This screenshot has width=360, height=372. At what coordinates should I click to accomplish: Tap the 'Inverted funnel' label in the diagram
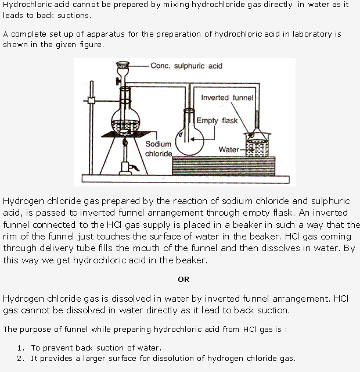pos(227,98)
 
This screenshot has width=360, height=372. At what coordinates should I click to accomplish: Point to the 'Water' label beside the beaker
pos(229,150)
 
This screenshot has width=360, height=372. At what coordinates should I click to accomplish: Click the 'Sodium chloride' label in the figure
pos(158,149)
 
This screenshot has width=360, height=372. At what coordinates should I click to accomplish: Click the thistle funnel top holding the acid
pos(123,66)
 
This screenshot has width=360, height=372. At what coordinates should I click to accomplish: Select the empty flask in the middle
pos(189,133)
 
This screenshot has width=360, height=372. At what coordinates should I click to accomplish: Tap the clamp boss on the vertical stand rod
pos(90,102)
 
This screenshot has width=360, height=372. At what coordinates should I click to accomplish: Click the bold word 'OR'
pos(183,279)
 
